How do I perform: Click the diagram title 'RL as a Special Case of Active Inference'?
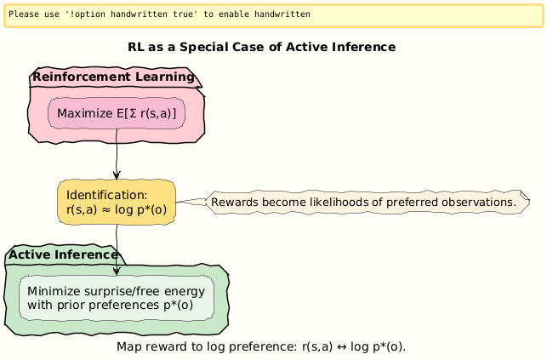261,47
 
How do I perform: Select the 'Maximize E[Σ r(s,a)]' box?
117,113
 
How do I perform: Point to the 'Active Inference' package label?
63,254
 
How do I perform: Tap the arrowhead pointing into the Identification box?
117,174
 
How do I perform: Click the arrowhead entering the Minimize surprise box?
117,270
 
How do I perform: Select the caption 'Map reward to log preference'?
261,347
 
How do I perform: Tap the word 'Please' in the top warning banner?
24,14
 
